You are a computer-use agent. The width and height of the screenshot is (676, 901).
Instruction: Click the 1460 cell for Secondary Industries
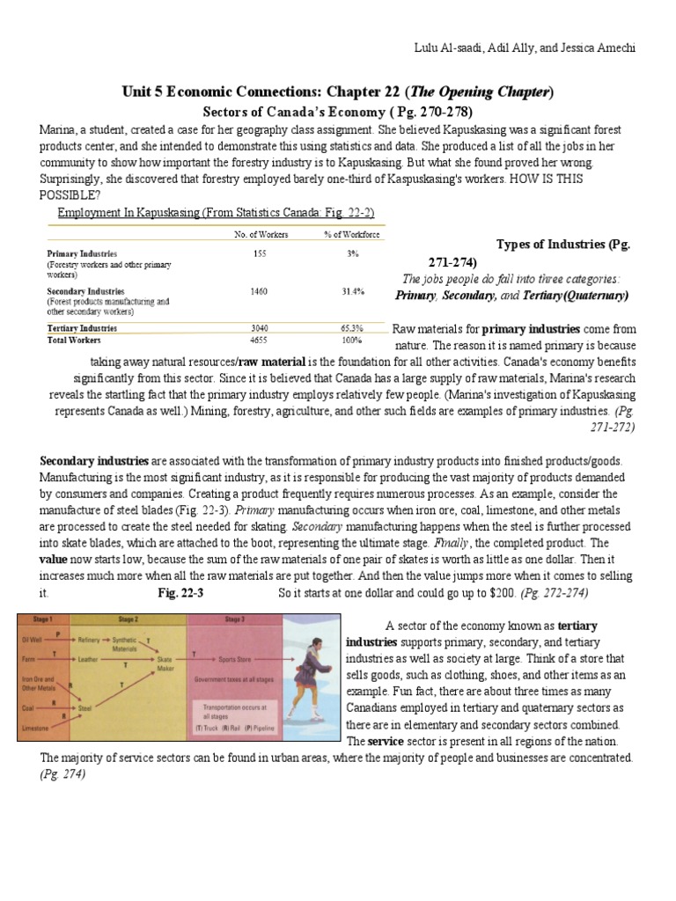click(x=259, y=291)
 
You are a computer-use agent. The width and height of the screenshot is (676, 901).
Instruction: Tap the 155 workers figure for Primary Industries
click(x=259, y=253)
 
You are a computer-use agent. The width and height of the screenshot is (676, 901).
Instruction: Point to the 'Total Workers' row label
click(x=74, y=340)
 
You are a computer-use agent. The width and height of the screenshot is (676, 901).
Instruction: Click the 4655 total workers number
click(x=259, y=340)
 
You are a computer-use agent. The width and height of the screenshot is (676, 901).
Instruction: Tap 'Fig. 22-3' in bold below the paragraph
click(x=180, y=593)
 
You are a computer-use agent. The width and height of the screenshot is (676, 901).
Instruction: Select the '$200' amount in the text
click(x=503, y=593)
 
